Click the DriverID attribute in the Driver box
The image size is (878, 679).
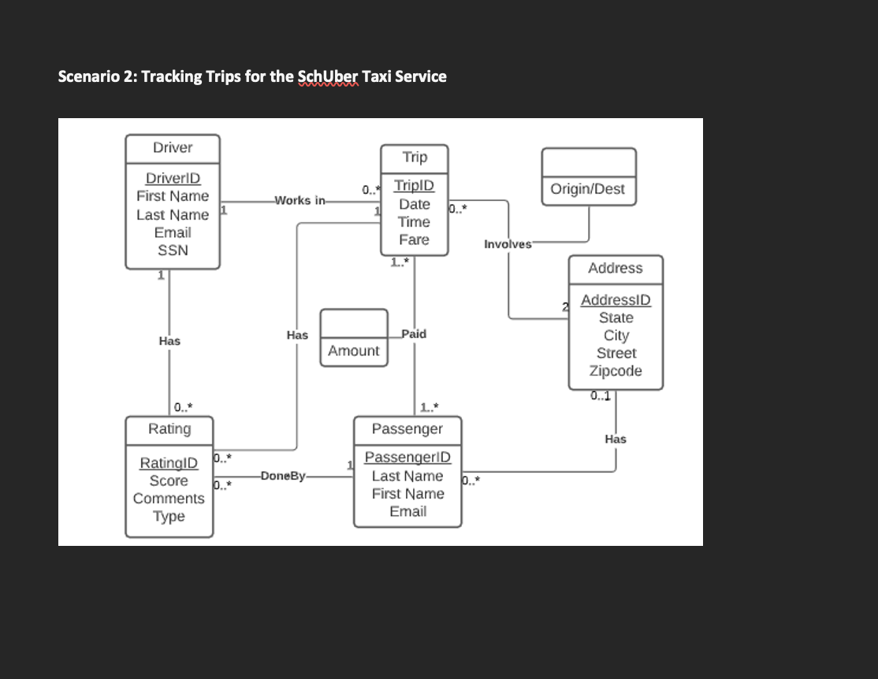[173, 178]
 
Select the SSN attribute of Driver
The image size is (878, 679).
[173, 250]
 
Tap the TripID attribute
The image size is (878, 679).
[414, 186]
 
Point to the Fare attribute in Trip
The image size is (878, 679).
[414, 239]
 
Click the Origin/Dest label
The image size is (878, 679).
[588, 188]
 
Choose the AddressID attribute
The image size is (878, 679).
[616, 300]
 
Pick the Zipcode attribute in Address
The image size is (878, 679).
[616, 370]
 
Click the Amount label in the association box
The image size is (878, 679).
[354, 351]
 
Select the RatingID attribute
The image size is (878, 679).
[169, 462]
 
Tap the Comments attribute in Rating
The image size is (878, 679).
[169, 499]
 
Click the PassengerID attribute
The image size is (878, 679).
[407, 458]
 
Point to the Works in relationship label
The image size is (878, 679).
[299, 200]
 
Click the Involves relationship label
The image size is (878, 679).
[508, 243]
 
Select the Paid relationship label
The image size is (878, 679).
[414, 334]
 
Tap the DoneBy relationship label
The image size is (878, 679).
[282, 476]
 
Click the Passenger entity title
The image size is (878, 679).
[407, 429]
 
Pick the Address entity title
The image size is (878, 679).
[616, 268]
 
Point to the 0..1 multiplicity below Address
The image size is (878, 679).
[602, 396]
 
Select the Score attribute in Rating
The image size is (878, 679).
[169, 480]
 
